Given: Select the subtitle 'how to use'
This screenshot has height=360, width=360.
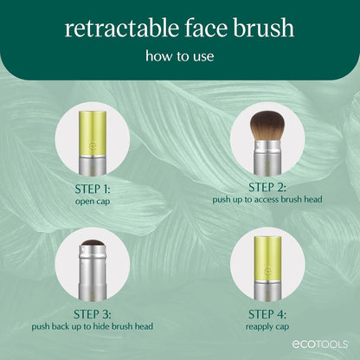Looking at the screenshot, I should point(180,59).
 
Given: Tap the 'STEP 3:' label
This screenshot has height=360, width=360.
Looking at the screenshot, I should point(92,314).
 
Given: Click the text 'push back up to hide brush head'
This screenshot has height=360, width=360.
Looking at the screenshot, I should point(92,327).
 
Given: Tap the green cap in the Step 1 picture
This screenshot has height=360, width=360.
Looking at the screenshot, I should point(92,130).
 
